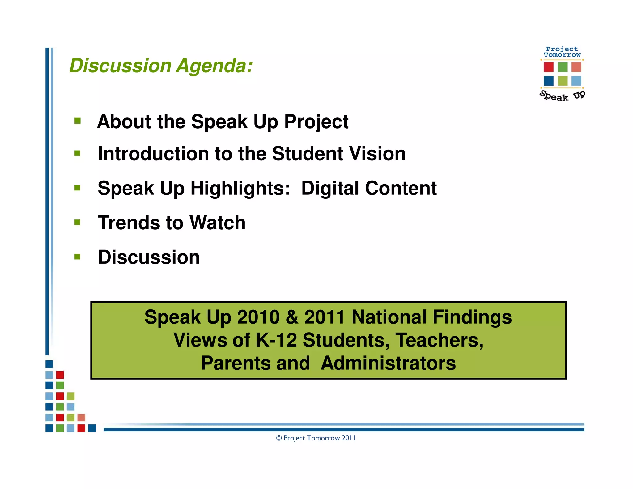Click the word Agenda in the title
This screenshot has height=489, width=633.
coord(214,66)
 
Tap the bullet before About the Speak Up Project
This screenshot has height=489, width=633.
coord(77,121)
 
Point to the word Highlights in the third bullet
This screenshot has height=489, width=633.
coord(240,188)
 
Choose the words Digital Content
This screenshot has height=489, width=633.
coord(369,188)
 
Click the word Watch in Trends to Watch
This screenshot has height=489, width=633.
coord(217,223)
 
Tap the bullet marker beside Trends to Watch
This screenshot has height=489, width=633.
coord(77,222)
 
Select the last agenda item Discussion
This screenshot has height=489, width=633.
coord(149,257)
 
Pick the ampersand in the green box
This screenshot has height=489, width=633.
coord(292,317)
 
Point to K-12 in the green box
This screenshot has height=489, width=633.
coord(276,340)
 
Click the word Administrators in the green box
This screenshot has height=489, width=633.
coord(388,363)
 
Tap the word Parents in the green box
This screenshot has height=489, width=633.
coord(255,363)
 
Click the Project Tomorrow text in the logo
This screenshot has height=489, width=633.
coord(562,52)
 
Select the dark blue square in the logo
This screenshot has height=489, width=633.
coord(548,81)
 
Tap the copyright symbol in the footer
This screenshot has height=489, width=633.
coord(279,438)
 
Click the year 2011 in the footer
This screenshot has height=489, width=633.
coord(349,438)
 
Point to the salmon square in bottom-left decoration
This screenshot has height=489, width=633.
coord(81,418)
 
